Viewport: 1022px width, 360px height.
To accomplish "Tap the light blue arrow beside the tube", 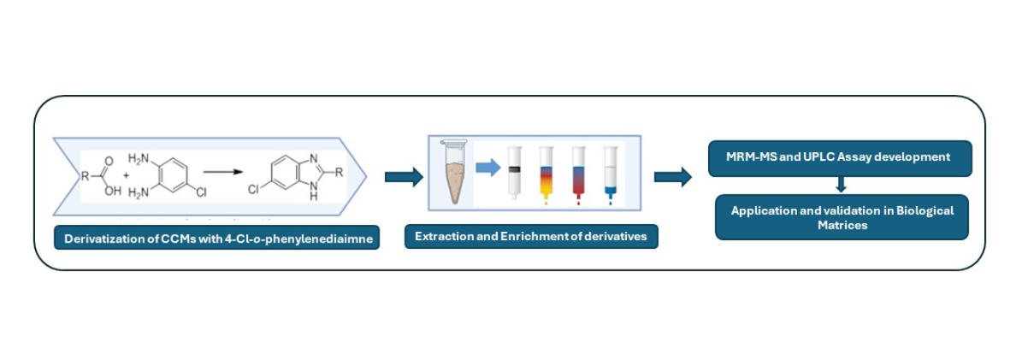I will pos(487,168).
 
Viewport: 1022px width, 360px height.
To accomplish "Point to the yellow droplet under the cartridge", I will pos(546,204).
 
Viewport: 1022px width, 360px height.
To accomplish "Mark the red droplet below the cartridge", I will pos(577,204).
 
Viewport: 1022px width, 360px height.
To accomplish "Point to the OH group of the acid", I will pos(113,192).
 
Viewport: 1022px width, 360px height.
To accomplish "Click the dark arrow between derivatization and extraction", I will pos(403,177).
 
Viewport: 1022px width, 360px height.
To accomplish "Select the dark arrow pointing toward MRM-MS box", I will pos(673,177).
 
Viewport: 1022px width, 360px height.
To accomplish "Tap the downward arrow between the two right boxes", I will pos(842,184).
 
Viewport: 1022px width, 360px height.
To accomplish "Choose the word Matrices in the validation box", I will pos(842,226).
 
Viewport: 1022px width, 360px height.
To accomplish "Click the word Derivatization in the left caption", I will pos(103,239).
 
